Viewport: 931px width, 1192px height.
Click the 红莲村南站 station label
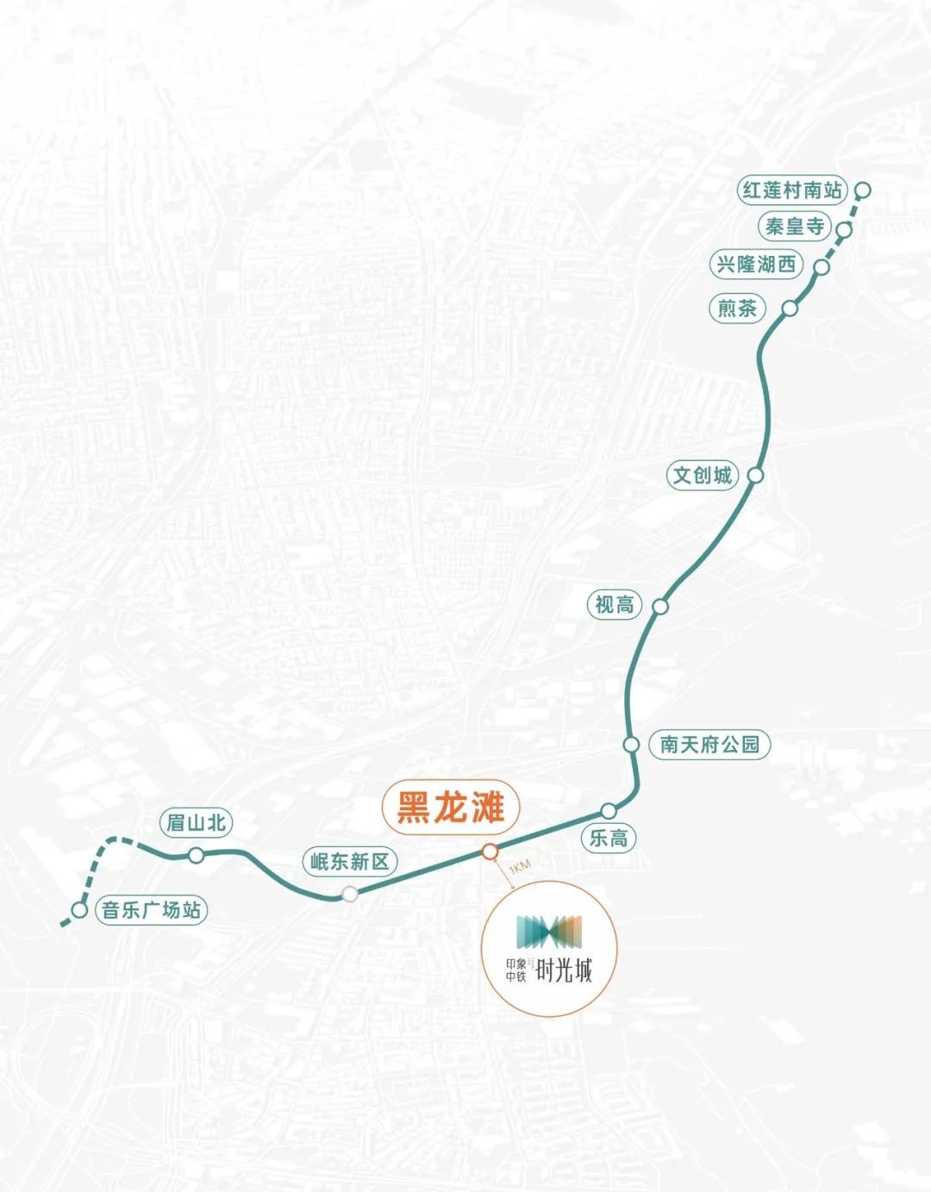tap(792, 190)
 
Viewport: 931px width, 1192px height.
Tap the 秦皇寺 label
tap(795, 227)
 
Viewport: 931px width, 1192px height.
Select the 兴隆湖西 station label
tap(756, 264)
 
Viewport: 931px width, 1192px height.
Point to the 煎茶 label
tap(737, 308)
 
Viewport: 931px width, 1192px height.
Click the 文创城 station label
tap(702, 475)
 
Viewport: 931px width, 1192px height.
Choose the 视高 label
tap(615, 605)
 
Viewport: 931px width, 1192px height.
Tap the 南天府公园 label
tap(709, 744)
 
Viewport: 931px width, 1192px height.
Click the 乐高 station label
tap(609, 838)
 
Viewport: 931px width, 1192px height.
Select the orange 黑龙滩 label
tap(451, 808)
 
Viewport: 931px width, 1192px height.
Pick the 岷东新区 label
tap(350, 861)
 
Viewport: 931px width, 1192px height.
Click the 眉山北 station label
tap(197, 822)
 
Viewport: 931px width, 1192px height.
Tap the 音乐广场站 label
tap(151, 909)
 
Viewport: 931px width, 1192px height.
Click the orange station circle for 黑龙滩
tap(490, 852)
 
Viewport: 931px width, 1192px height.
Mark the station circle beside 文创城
tap(755, 475)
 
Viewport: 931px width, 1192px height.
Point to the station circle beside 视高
tap(660, 606)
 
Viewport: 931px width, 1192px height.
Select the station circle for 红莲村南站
tap(863, 190)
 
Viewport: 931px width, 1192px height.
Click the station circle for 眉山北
tap(197, 855)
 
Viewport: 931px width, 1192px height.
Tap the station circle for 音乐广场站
tap(79, 909)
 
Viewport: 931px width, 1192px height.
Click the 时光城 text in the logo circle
tap(565, 970)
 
